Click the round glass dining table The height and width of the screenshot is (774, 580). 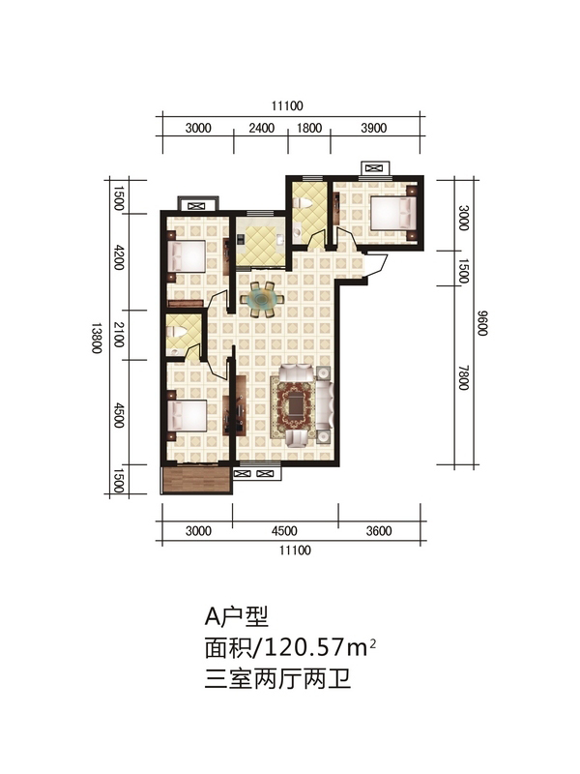coord(262,299)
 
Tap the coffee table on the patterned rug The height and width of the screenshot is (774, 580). coord(297,405)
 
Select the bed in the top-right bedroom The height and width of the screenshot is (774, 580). coord(393,213)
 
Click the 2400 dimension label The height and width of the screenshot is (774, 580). coord(261,128)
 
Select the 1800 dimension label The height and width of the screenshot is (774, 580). coord(309,128)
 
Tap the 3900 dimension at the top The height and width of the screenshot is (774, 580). coord(374,128)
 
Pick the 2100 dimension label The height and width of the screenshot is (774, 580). coord(119,335)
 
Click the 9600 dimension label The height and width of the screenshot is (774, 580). coord(482,323)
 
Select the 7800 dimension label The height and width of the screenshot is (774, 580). coord(463,377)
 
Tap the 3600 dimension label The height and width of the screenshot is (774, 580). coord(379,530)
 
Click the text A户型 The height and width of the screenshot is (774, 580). coord(237,616)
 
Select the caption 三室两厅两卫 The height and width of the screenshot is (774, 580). coord(278,679)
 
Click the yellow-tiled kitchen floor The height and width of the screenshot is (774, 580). coord(260,243)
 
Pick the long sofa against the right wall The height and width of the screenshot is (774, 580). coord(324,404)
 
